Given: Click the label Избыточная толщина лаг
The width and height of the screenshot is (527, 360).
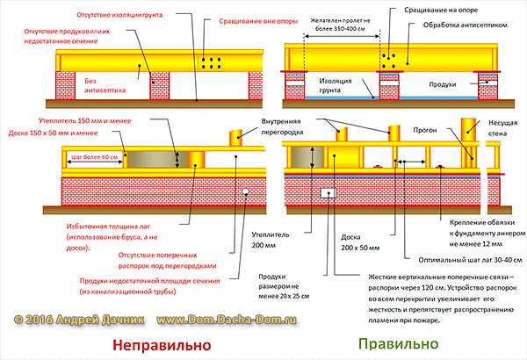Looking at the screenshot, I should pyautogui.click(x=111, y=227).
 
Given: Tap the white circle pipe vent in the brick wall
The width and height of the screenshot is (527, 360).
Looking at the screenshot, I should pyautogui.click(x=247, y=190).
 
